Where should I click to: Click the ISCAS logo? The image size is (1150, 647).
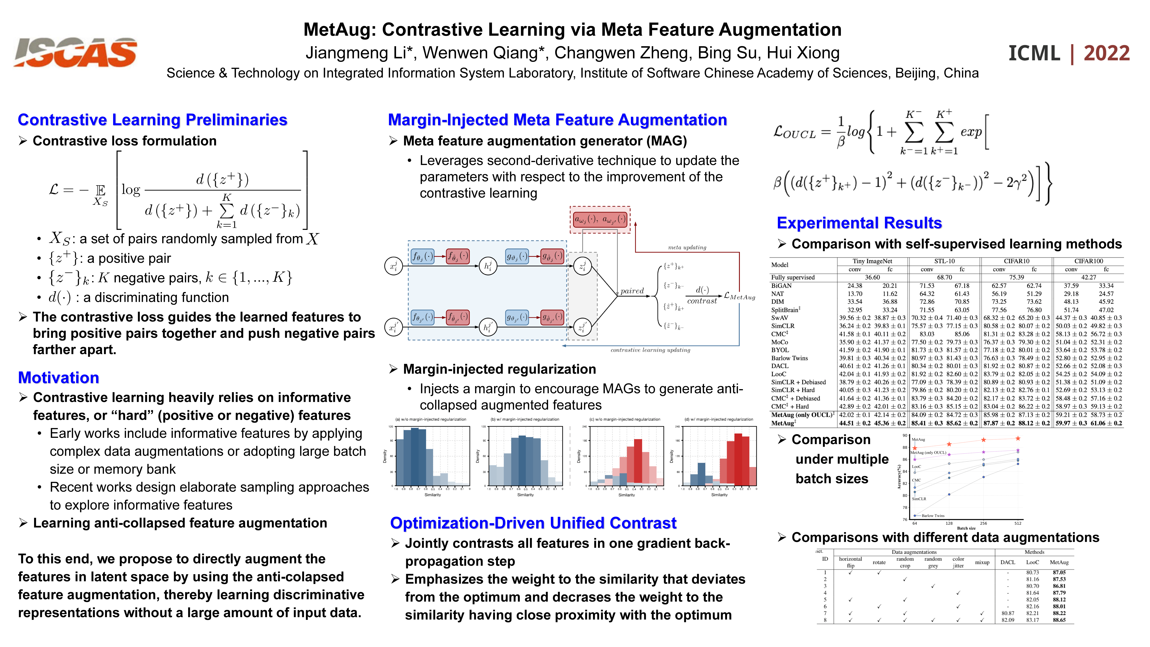(75, 53)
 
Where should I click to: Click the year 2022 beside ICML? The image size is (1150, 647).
(1106, 54)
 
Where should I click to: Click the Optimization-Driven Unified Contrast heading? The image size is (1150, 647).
(533, 523)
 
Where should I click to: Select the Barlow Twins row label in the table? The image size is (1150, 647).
(789, 358)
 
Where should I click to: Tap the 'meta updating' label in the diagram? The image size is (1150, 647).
(687, 248)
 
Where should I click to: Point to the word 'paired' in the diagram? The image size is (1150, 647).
(632, 291)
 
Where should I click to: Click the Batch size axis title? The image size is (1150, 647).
(966, 528)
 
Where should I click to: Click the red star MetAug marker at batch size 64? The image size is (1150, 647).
(915, 447)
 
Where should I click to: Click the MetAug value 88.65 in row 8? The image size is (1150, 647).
(1059, 620)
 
